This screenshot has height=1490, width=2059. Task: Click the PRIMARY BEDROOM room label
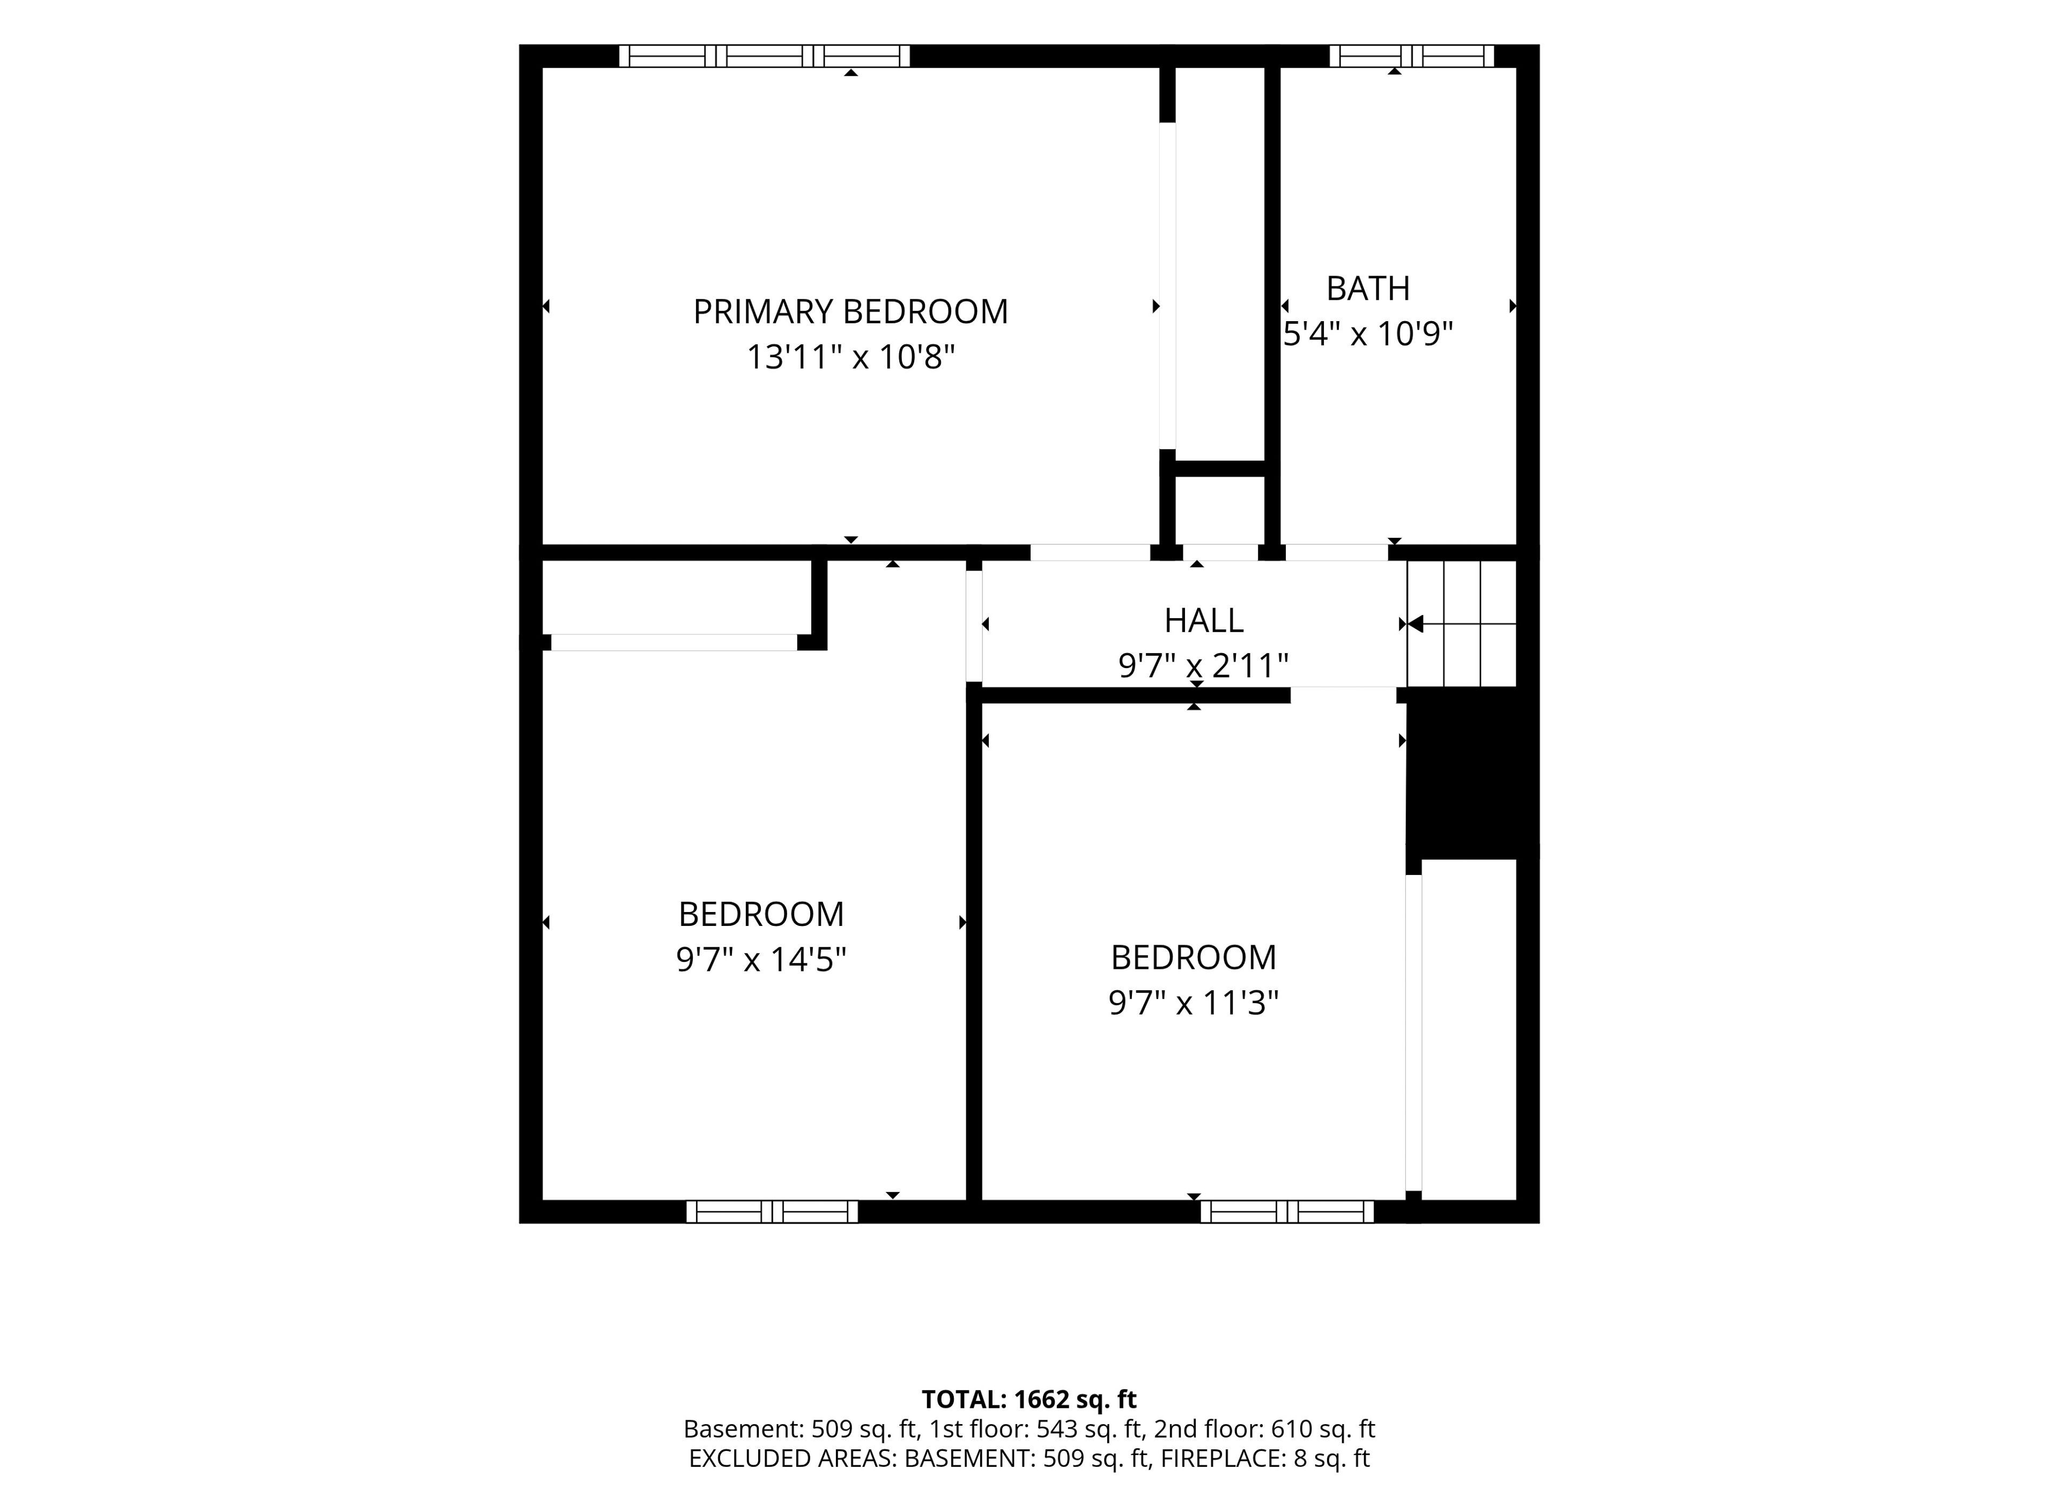click(x=850, y=312)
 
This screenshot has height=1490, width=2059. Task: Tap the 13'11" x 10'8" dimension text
click(x=850, y=357)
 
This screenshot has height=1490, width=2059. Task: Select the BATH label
click(x=1368, y=289)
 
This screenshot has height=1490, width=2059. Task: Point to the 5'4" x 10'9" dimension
click(x=1368, y=334)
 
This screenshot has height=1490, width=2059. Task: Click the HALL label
click(x=1204, y=621)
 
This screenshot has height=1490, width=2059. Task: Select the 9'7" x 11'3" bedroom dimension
click(x=1194, y=1003)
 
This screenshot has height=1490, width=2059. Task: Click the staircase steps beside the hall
click(x=1462, y=624)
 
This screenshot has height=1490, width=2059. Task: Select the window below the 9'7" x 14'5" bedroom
click(x=772, y=1211)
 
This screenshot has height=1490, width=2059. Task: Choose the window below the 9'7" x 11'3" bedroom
click(x=1287, y=1211)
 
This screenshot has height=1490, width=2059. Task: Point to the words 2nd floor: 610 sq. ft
click(x=1265, y=1430)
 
